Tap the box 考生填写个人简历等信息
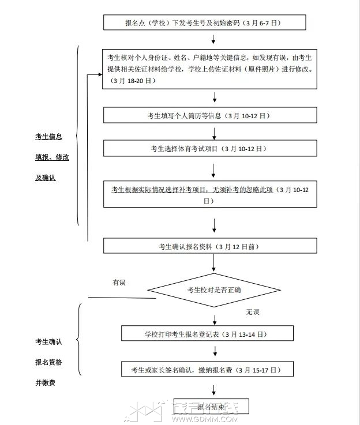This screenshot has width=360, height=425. coord(210,115)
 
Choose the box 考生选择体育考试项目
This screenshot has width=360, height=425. coord(210,149)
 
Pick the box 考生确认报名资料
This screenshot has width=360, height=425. coord(210,246)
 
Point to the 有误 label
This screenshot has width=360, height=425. coord(119,283)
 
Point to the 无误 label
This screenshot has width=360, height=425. coord(253,312)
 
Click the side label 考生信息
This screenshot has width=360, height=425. coord(48,137)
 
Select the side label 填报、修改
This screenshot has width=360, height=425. coord(52,157)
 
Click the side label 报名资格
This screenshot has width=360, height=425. coord(48,362)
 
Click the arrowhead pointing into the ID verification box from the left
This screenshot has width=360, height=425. coord(99,74)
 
